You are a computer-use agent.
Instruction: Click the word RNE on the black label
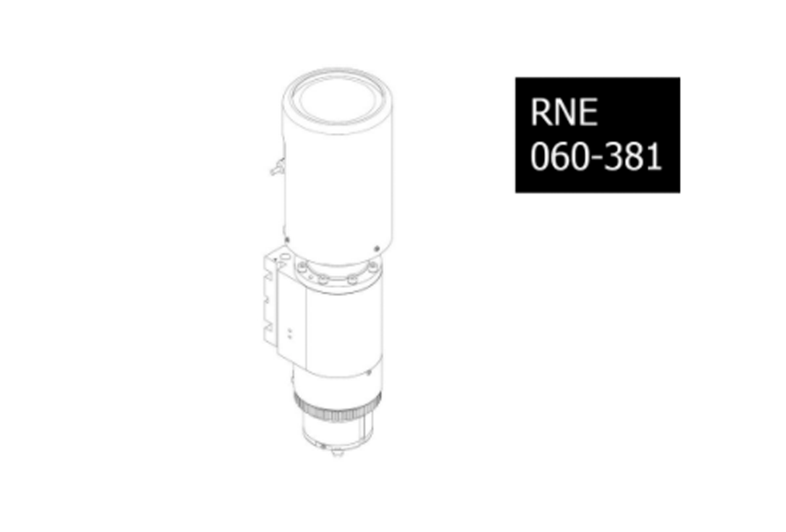pyautogui.click(x=564, y=112)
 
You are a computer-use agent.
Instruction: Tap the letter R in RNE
pyautogui.click(x=541, y=112)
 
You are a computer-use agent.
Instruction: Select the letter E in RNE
pyautogui.click(x=588, y=112)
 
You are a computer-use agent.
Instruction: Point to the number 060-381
pyautogui.click(x=596, y=157)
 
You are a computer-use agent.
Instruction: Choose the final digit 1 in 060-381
pyautogui.click(x=654, y=157)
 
